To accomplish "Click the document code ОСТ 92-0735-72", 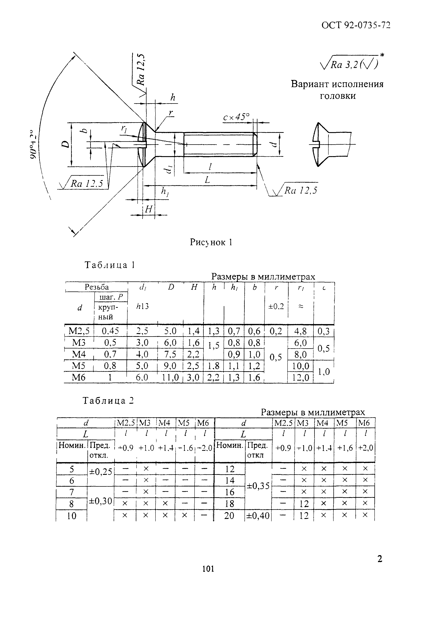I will (355, 25).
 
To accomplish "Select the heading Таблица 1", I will (110, 265).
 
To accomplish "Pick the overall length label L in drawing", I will (207, 180).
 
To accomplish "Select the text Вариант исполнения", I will (337, 84).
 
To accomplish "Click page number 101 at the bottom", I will (208, 569).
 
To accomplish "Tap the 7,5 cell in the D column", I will (170, 354).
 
